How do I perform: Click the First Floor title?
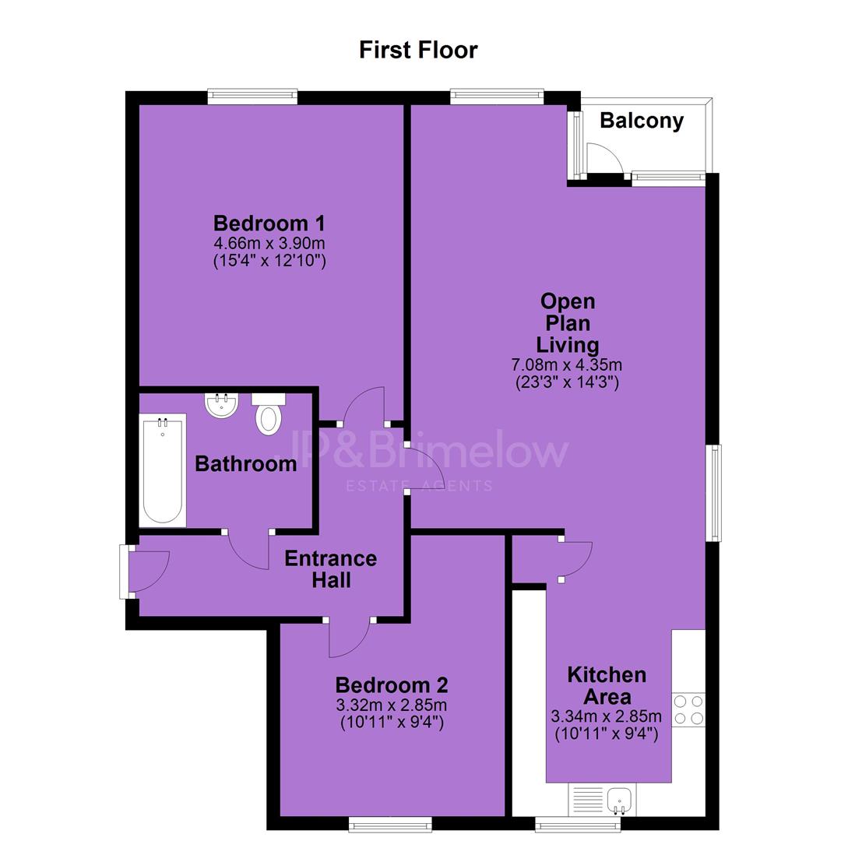click(x=418, y=50)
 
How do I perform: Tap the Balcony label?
click(x=642, y=121)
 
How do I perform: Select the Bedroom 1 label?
click(x=269, y=223)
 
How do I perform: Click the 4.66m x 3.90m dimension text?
click(x=269, y=243)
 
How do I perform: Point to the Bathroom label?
click(x=245, y=464)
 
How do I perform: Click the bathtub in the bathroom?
click(x=163, y=470)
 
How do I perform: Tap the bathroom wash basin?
click(x=221, y=406)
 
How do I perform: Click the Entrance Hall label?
click(x=331, y=569)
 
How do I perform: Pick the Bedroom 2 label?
click(x=392, y=685)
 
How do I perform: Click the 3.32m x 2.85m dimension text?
click(x=392, y=705)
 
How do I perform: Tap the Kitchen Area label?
click(x=607, y=685)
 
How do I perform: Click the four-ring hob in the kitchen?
click(x=688, y=709)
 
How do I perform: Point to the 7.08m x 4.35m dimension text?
click(x=567, y=365)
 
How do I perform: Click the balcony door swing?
click(x=604, y=157)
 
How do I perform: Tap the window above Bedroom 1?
click(x=252, y=97)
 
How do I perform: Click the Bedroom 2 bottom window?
click(x=390, y=825)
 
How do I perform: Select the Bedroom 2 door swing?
click(x=349, y=639)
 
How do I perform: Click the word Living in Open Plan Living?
click(x=568, y=345)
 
